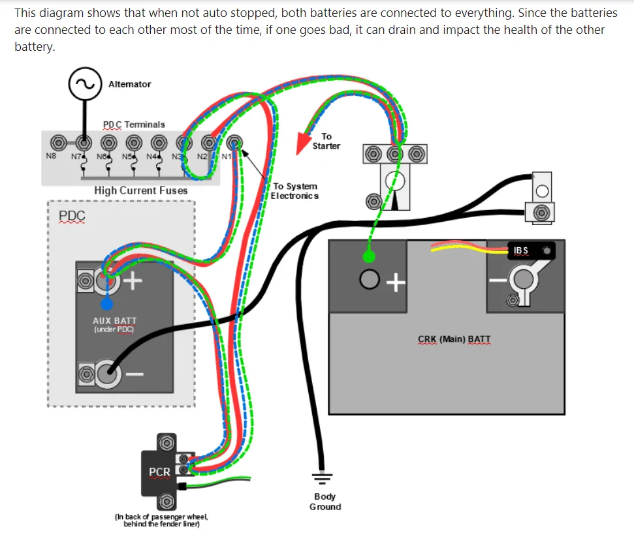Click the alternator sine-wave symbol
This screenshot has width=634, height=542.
tap(85, 84)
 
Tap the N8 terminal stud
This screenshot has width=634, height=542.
tap(59, 143)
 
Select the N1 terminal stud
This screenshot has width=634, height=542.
tap(234, 143)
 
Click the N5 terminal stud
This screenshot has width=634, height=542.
tap(134, 143)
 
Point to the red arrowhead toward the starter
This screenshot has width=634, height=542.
tap(302, 143)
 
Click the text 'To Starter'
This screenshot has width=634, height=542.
tap(326, 141)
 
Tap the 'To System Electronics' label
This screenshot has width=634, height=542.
tap(294, 191)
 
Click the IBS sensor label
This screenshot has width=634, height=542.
tap(521, 250)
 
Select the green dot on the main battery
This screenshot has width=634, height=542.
tap(369, 256)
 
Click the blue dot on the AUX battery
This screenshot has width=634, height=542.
tap(106, 303)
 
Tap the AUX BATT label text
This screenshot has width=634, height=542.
tap(114, 321)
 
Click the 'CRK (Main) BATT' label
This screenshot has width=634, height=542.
tap(454, 339)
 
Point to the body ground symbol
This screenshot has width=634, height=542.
tap(322, 478)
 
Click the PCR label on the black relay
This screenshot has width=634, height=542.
tap(160, 472)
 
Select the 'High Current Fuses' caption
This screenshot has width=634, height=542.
tap(141, 190)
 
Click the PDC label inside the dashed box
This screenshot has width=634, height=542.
tap(72, 216)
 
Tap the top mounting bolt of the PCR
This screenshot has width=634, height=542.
tap(166, 443)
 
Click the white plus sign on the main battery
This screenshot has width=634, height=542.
tap(396, 282)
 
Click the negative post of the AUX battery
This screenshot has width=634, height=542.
tap(108, 374)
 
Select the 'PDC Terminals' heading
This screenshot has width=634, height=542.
tap(134, 125)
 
